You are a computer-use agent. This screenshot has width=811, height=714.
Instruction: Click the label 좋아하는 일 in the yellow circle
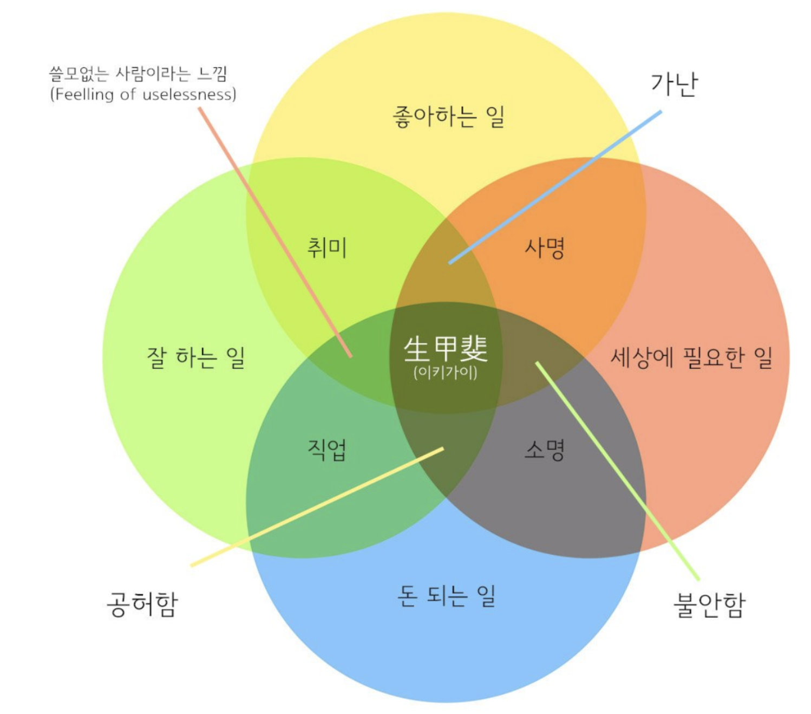(448, 116)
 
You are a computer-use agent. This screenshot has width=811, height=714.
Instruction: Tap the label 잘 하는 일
(196, 358)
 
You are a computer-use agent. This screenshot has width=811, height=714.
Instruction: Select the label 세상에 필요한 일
(691, 358)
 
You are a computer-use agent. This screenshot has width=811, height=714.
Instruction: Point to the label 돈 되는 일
(447, 596)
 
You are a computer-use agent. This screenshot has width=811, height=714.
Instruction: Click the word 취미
(326, 248)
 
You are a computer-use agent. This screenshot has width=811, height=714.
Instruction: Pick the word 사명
(545, 248)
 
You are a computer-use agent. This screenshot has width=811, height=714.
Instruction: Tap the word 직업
(326, 450)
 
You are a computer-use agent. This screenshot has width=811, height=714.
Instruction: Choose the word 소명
(545, 450)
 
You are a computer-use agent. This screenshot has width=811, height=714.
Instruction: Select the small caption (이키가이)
(445, 373)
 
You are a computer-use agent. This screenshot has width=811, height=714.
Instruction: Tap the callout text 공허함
(142, 604)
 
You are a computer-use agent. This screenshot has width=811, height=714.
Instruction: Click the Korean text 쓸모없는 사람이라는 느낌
(138, 73)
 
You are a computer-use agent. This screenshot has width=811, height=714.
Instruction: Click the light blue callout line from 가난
(555, 187)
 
